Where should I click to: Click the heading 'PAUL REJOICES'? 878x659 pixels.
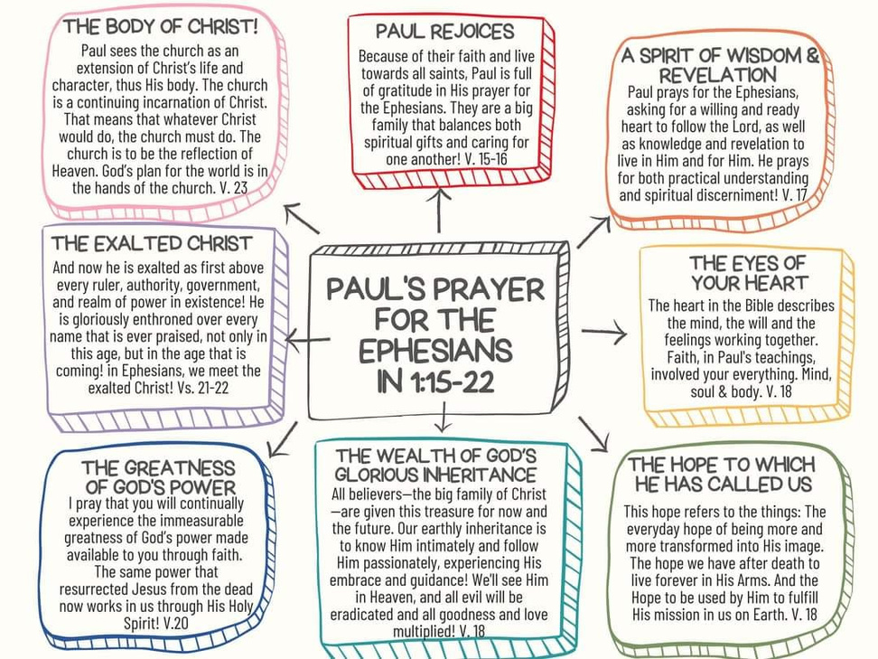444,32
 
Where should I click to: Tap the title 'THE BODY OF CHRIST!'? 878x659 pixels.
161,26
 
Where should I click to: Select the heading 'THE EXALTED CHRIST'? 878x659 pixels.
152,244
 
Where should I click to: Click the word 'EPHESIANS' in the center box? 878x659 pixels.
435,350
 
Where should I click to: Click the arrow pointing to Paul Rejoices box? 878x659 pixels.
439,210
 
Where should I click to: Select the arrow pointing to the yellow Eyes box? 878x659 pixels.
604,332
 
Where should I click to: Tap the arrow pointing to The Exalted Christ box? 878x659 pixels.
307,339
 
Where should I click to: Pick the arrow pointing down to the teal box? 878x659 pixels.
443,418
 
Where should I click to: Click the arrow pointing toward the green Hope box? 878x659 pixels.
593,434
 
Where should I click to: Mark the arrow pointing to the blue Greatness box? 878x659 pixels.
282,439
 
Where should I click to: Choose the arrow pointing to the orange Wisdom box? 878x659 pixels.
593,232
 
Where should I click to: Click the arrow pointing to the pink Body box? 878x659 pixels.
302,219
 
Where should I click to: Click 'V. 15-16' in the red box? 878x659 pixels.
486,159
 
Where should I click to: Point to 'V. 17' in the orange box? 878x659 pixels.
795,195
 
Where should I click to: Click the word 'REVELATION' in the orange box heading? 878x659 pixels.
718,75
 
